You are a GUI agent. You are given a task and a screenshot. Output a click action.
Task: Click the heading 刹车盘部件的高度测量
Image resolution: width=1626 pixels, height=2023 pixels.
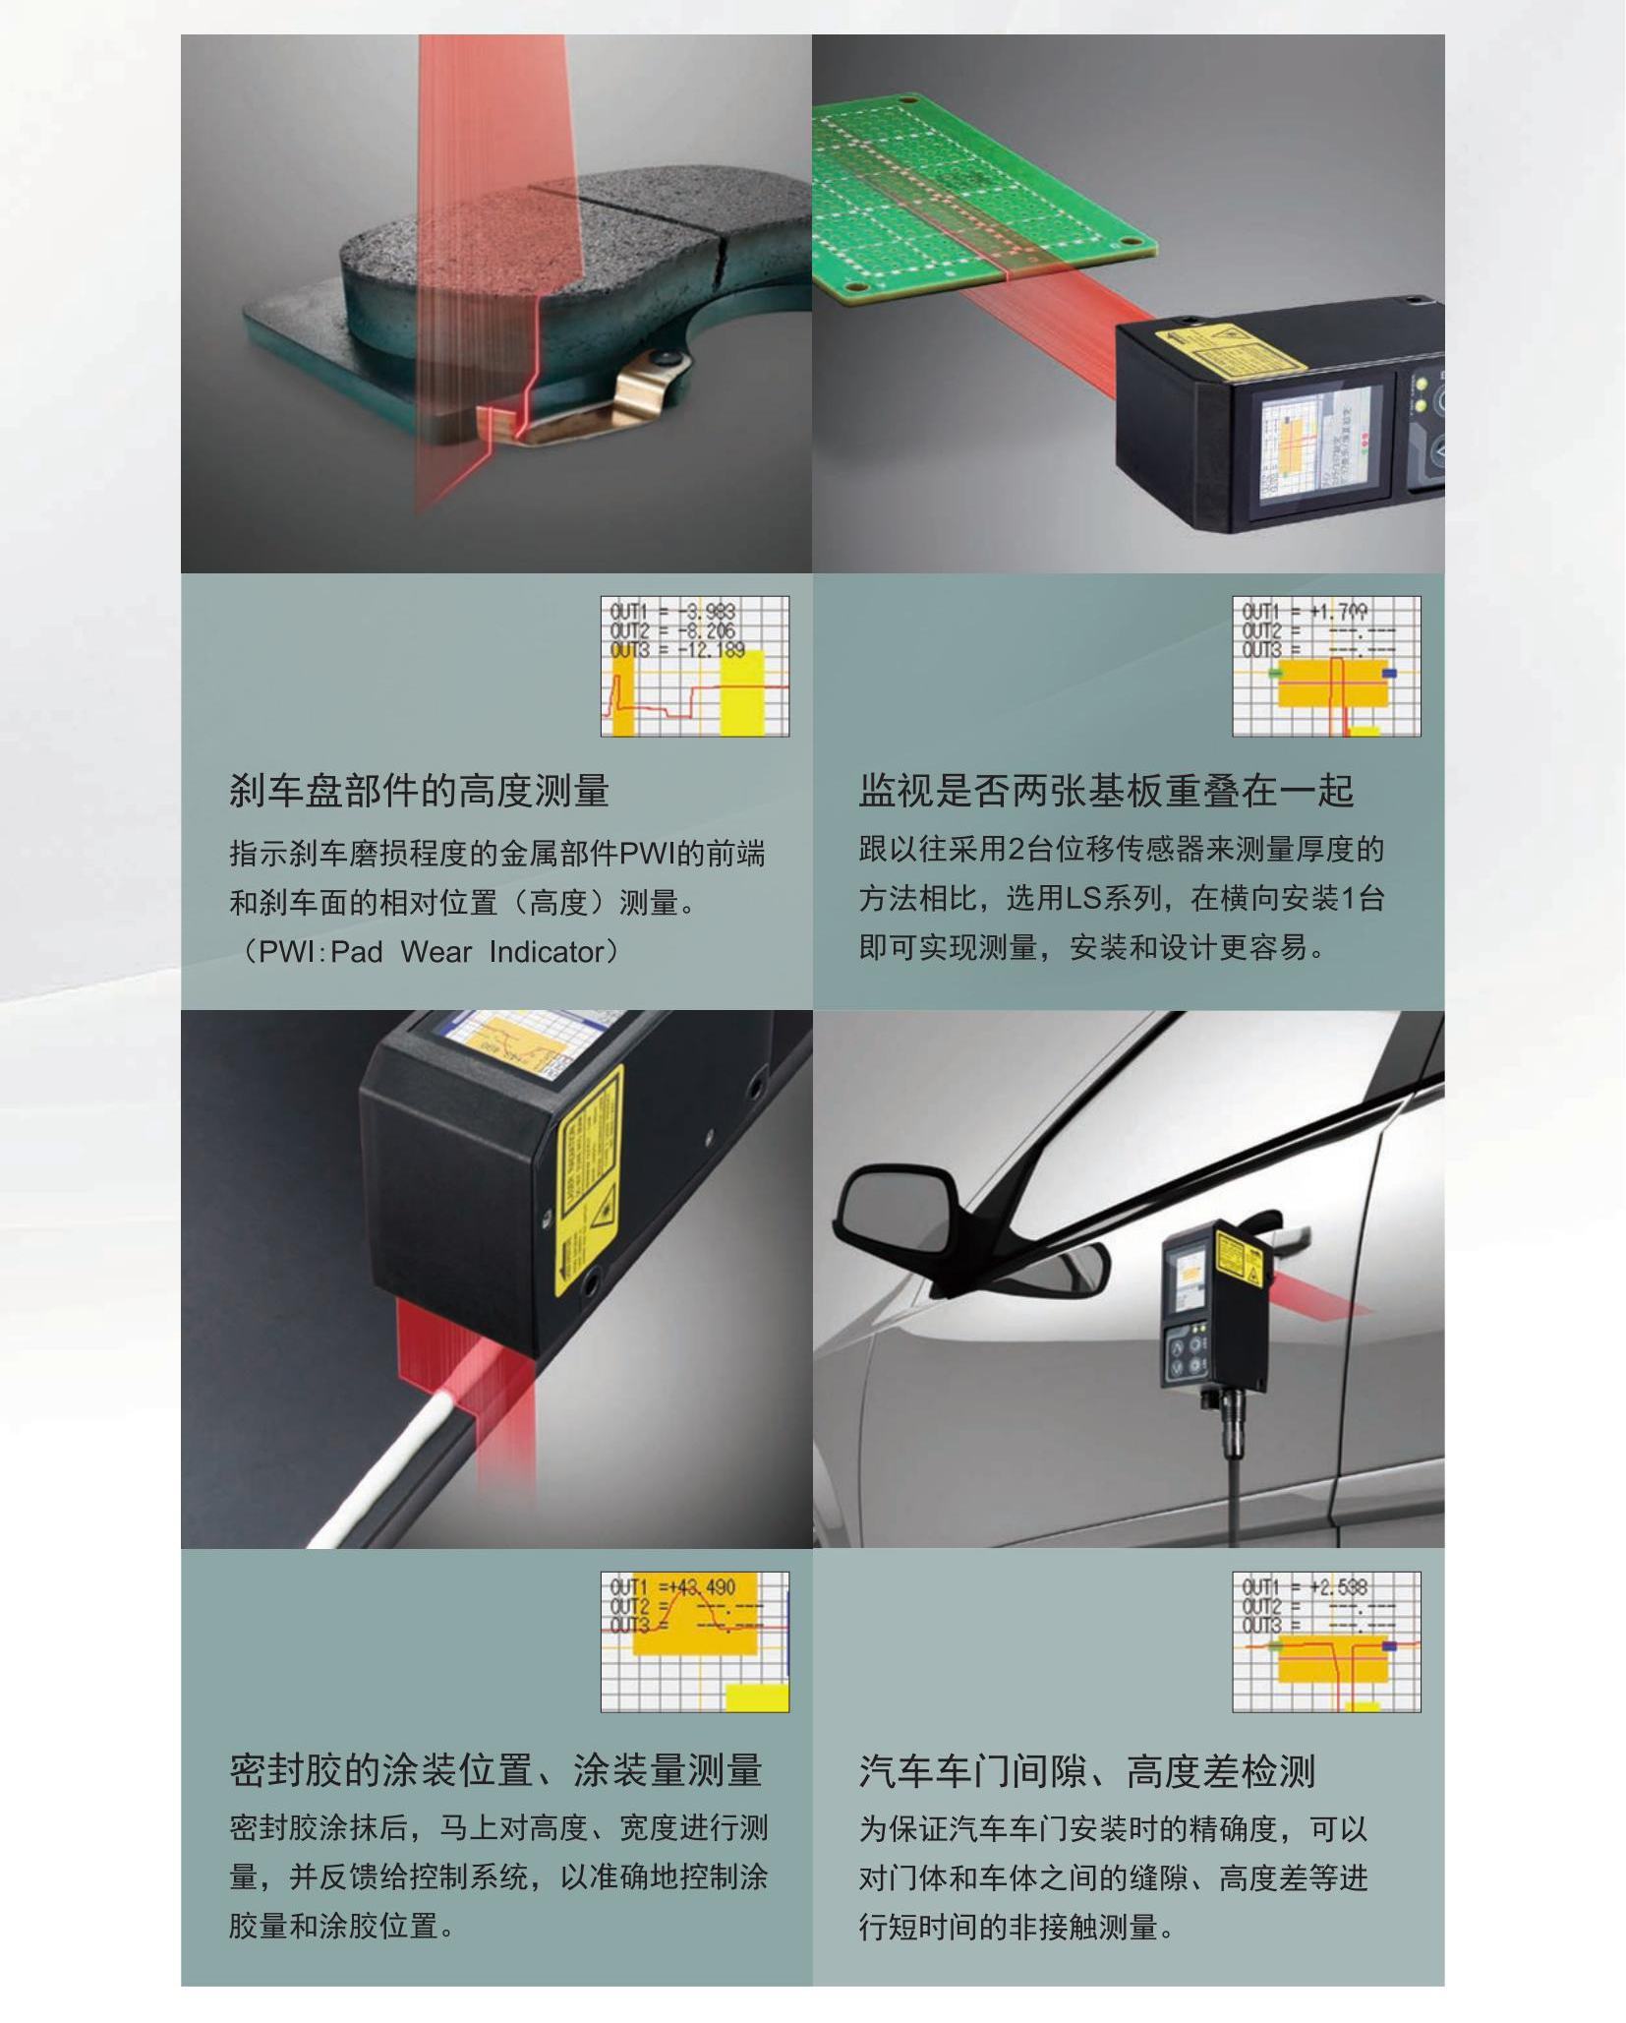(419, 791)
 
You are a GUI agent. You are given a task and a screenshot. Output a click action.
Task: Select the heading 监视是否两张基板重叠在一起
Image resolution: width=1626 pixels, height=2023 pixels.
(1106, 791)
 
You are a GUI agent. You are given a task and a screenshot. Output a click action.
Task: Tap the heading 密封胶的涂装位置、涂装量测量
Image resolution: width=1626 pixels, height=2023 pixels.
(495, 1769)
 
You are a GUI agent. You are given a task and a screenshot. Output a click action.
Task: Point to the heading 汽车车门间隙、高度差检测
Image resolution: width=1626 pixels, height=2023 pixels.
(1086, 1770)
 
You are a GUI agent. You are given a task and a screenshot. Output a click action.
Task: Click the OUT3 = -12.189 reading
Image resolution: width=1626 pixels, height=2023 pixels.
(676, 650)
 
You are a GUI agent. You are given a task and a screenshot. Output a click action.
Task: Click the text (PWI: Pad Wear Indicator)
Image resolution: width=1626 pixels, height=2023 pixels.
(427, 952)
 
